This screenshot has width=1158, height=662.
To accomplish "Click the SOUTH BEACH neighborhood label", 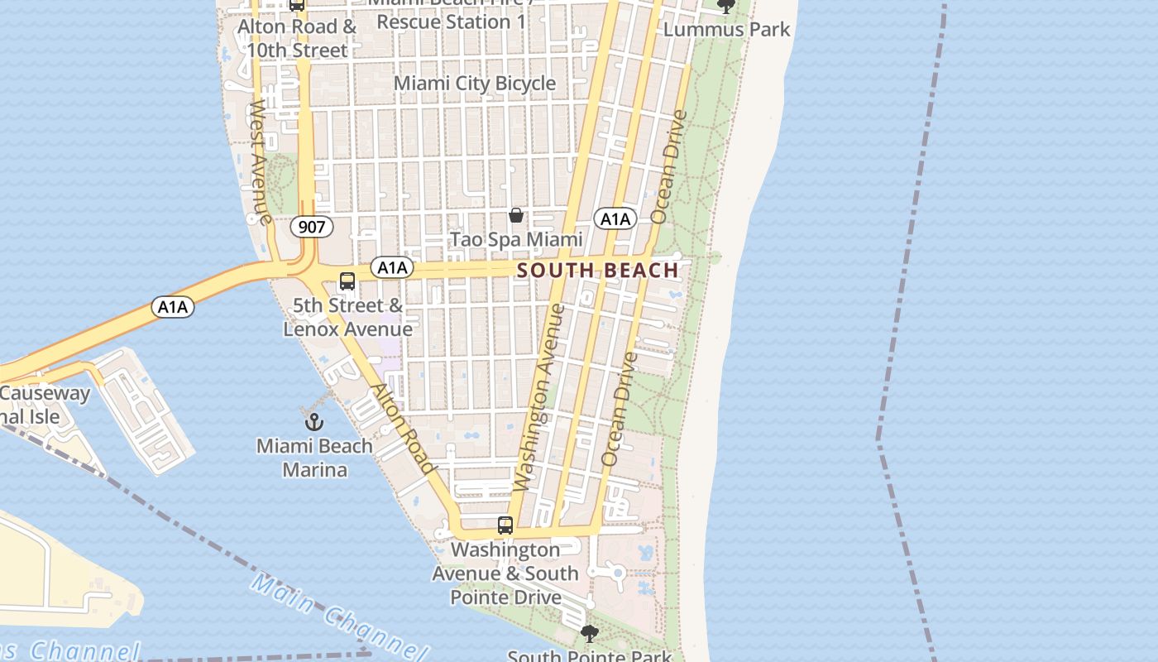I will [597, 271].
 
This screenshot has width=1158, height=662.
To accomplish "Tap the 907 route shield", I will [311, 226].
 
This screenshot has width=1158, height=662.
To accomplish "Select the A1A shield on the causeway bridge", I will [173, 308].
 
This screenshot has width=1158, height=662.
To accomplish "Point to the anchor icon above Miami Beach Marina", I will [313, 422].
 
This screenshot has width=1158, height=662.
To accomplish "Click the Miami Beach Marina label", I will [313, 458].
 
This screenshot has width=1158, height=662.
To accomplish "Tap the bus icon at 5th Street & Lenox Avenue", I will [347, 281].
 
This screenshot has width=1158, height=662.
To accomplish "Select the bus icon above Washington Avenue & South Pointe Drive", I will [505, 525].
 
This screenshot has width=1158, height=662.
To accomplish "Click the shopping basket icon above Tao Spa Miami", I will [516, 215].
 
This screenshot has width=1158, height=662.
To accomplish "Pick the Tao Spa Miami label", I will [516, 240].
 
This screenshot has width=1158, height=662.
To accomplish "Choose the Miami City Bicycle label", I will [475, 84].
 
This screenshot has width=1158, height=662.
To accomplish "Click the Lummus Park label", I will [726, 30].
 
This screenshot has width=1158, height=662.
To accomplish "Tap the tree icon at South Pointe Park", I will [589, 634].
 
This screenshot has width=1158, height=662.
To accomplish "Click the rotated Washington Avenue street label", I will [538, 397].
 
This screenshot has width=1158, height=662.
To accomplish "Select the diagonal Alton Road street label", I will [402, 429].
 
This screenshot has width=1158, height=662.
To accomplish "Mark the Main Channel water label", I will [339, 613].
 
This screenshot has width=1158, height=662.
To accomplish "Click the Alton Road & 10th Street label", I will [296, 38].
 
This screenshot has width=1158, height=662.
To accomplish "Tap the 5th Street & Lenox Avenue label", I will [347, 318].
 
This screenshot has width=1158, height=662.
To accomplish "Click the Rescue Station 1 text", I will [451, 22].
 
